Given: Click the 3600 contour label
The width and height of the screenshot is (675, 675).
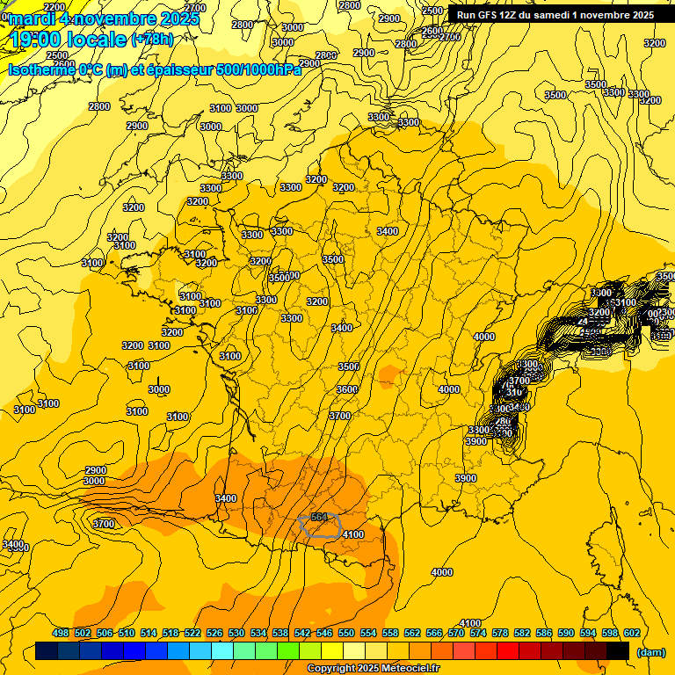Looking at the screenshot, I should click(x=347, y=389).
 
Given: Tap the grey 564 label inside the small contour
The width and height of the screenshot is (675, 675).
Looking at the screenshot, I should click(x=319, y=518).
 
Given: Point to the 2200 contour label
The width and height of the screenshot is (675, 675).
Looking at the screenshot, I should click(x=54, y=7).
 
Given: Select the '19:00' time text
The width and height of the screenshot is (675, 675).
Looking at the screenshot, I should click(x=37, y=40).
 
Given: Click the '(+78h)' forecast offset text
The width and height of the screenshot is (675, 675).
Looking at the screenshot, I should click(x=152, y=40).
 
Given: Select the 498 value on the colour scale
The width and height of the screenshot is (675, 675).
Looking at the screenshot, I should click(x=61, y=633).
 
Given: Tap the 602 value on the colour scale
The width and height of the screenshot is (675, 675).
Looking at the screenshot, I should click(x=631, y=633).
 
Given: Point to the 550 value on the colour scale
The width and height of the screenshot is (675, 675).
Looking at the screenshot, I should click(x=346, y=633).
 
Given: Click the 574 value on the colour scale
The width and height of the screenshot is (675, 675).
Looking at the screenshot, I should click(x=478, y=633).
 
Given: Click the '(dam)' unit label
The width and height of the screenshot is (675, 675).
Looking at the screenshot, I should click(x=651, y=652).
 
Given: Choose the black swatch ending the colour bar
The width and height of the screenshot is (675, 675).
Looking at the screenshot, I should click(x=618, y=651).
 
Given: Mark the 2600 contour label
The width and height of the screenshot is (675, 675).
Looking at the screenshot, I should click(x=432, y=32).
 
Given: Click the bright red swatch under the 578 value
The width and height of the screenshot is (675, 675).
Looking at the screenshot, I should click(x=508, y=651).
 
